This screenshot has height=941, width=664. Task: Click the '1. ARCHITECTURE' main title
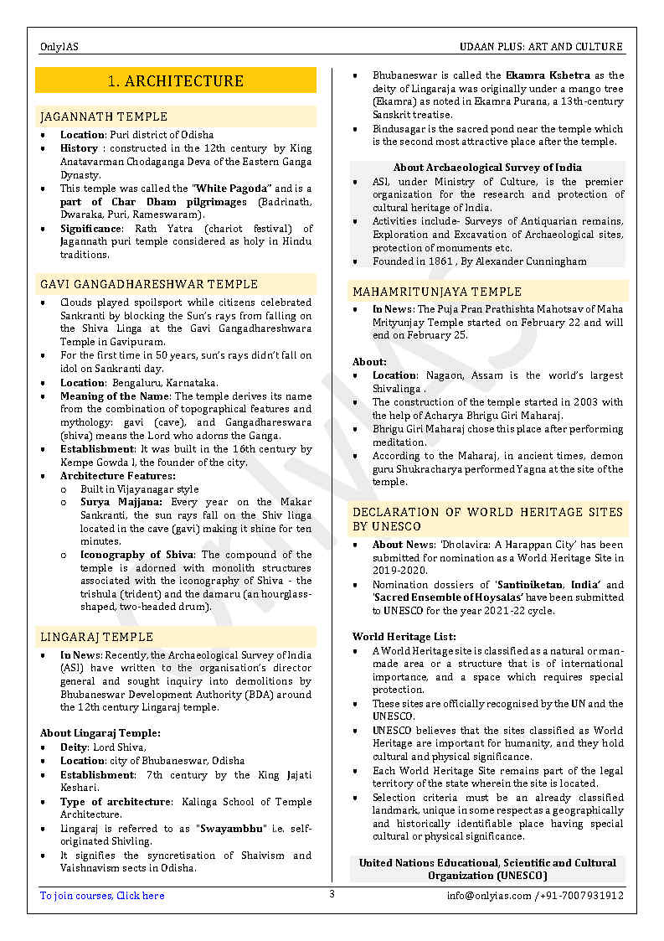coord(176,80)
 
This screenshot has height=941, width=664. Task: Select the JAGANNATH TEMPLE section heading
coord(104,116)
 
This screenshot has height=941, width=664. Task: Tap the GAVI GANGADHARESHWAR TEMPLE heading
coord(149,284)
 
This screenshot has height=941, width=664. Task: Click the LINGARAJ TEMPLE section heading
coord(97,637)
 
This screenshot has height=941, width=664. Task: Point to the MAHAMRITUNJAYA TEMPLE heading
coord(437,292)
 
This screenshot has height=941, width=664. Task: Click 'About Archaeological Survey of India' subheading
coord(487,168)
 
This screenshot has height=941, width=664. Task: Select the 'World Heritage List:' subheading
coord(404,637)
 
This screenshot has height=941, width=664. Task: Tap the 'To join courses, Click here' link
coord(102,896)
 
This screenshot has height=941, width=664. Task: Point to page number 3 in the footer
coord(332,894)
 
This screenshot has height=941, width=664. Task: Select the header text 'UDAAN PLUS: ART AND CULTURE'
coord(541,47)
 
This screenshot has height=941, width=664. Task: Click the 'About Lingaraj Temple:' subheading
coord(100,733)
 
